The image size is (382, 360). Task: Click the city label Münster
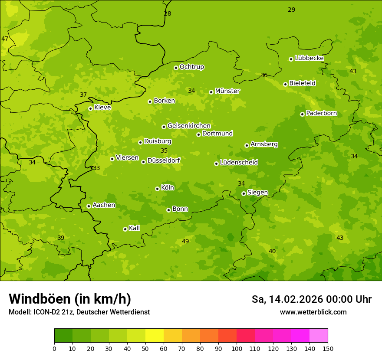coord(227,91)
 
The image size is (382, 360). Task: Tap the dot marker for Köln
coord(157,189)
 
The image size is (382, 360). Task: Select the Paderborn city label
coord(321,113)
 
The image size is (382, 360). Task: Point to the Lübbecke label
coord(309,58)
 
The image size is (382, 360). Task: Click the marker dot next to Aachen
coord(89,206)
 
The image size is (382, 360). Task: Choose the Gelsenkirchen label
coord(189,126)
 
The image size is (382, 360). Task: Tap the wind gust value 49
coord(185,241)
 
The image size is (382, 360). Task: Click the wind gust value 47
coord(5,39)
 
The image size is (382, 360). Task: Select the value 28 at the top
coord(168,13)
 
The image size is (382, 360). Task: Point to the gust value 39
coord(61,238)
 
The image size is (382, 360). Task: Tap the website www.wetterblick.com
coord(313,312)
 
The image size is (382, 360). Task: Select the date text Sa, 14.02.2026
coord(288,299)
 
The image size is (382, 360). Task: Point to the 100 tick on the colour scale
coord(237,348)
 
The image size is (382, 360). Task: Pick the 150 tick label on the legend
coord(328,348)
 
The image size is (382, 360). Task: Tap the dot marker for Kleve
coord(90,108)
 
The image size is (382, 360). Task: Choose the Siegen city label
coord(257,193)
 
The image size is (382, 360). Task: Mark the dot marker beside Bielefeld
coord(285,84)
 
